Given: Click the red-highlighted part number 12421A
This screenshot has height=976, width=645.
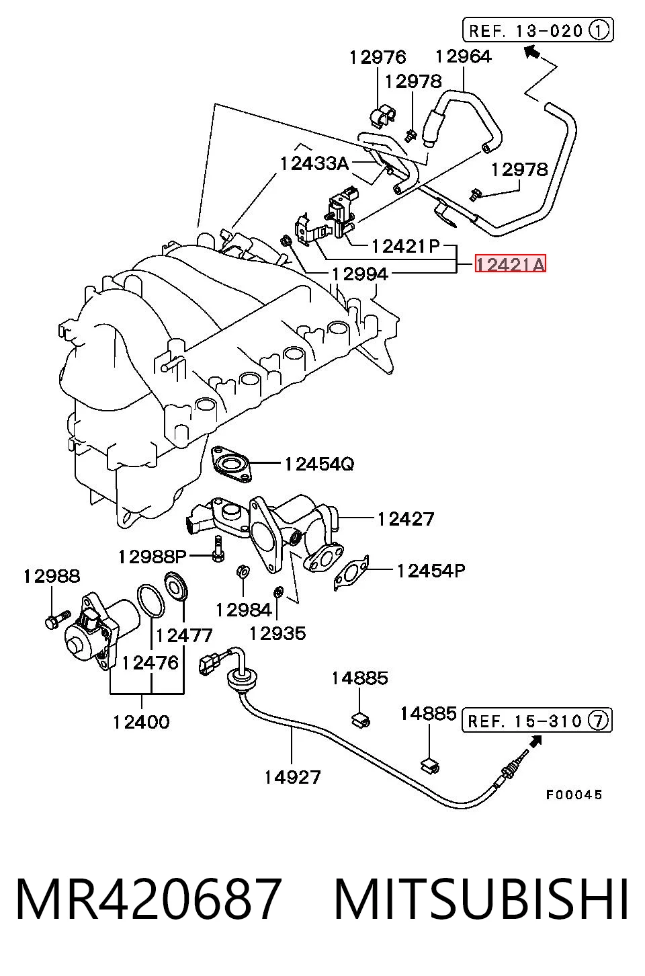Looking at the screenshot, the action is coord(510,264).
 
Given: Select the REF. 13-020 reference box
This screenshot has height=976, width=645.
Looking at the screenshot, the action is coord(538,30).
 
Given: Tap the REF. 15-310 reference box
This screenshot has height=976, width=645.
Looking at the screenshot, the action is coord(537,720).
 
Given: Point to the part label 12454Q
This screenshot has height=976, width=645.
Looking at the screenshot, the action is coord(319,464).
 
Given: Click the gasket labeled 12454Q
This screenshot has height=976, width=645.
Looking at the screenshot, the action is coord(231,464).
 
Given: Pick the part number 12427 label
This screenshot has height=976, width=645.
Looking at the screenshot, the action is coord(405,518).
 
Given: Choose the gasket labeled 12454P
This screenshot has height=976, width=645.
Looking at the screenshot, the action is coord(351,573).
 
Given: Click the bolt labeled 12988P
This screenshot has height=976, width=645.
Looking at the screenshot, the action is coord(218,548).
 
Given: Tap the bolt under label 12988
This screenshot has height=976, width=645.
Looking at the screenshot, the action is coord(58,618).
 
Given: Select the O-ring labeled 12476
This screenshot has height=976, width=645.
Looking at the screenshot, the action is coord(151,602).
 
